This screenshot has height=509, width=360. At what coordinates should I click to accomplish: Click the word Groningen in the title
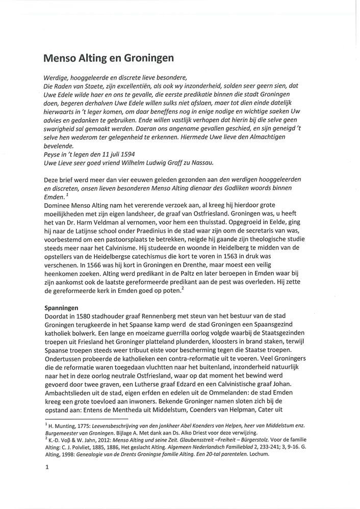coord(148,58)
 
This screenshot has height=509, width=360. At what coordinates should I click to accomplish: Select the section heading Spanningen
coord(61,308)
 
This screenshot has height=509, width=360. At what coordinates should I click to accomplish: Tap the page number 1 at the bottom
coord(46,472)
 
